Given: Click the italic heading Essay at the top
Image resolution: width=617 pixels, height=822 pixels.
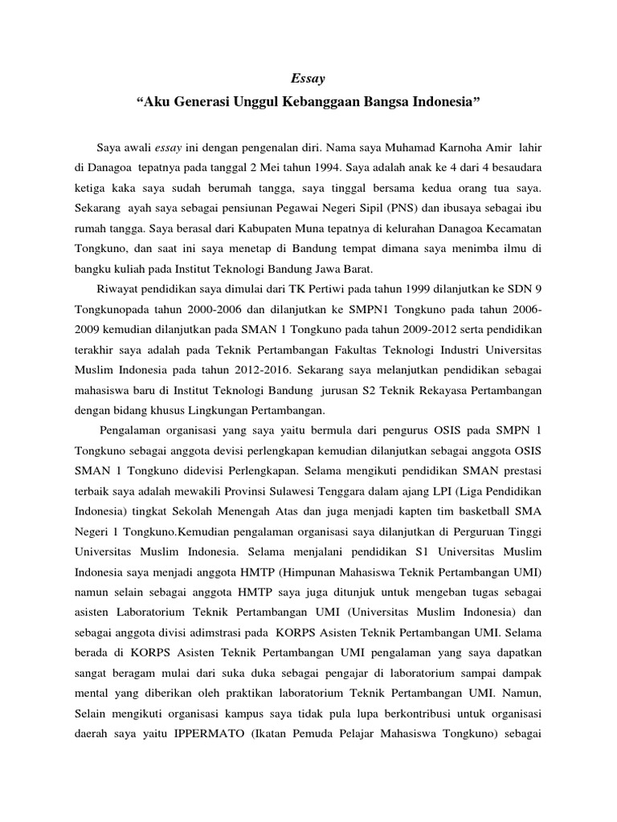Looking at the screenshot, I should point(308,78).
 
